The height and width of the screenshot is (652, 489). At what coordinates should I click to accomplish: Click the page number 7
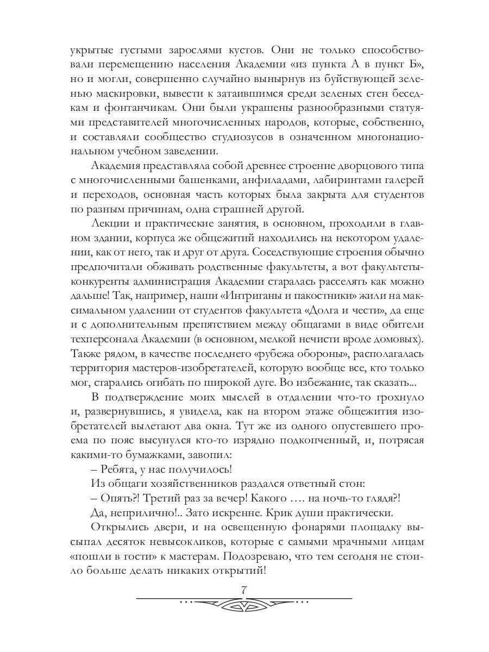[244, 590]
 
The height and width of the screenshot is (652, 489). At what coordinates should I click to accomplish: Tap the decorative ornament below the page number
[244, 603]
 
